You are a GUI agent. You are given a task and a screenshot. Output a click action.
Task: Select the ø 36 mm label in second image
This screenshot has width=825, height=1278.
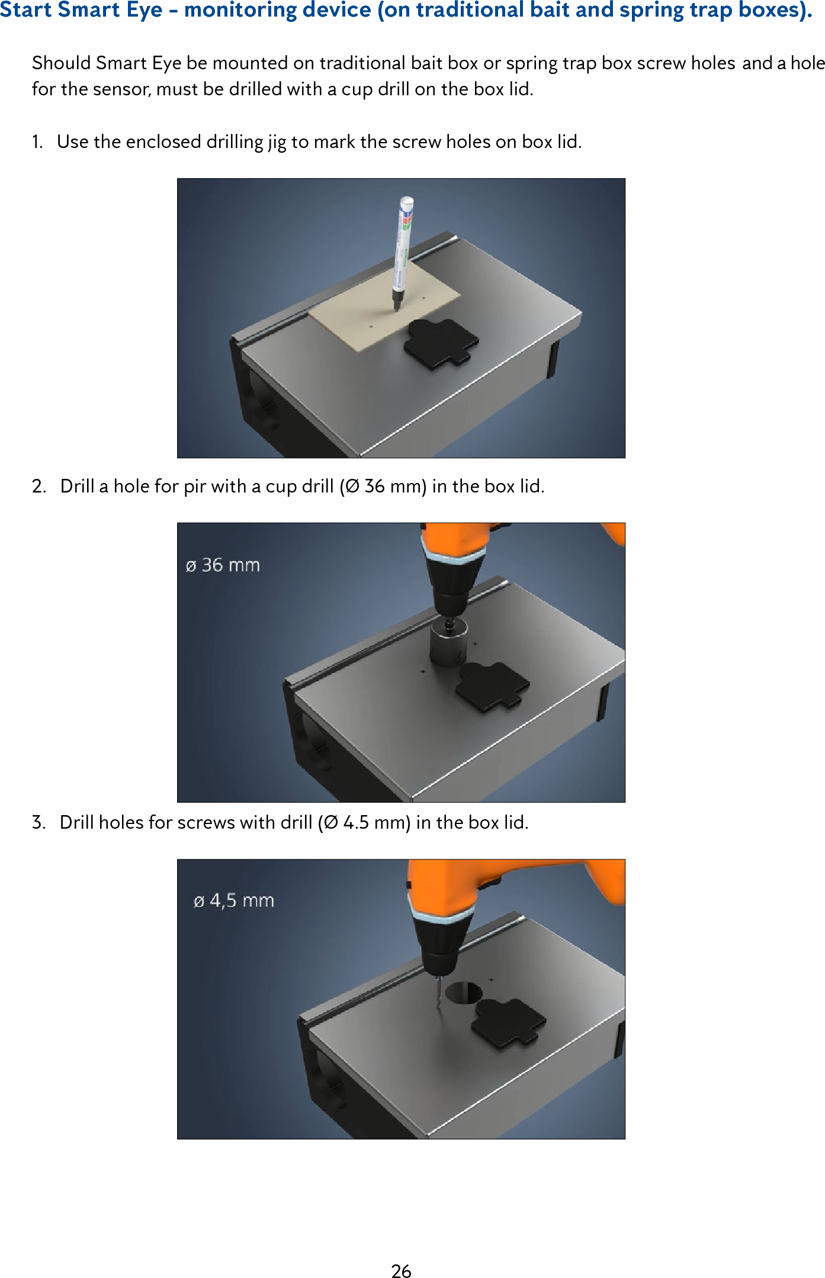click(x=223, y=565)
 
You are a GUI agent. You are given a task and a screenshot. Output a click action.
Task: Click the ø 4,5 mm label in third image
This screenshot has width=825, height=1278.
click(x=234, y=901)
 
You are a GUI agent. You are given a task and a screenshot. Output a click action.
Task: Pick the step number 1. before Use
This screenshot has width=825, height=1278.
click(x=37, y=142)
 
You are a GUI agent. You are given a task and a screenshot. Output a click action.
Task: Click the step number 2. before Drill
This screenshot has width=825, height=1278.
click(x=39, y=487)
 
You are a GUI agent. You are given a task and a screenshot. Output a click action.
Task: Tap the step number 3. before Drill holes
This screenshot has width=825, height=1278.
click(x=39, y=823)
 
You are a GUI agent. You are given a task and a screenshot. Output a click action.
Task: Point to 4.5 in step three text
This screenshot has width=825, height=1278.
click(x=355, y=823)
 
